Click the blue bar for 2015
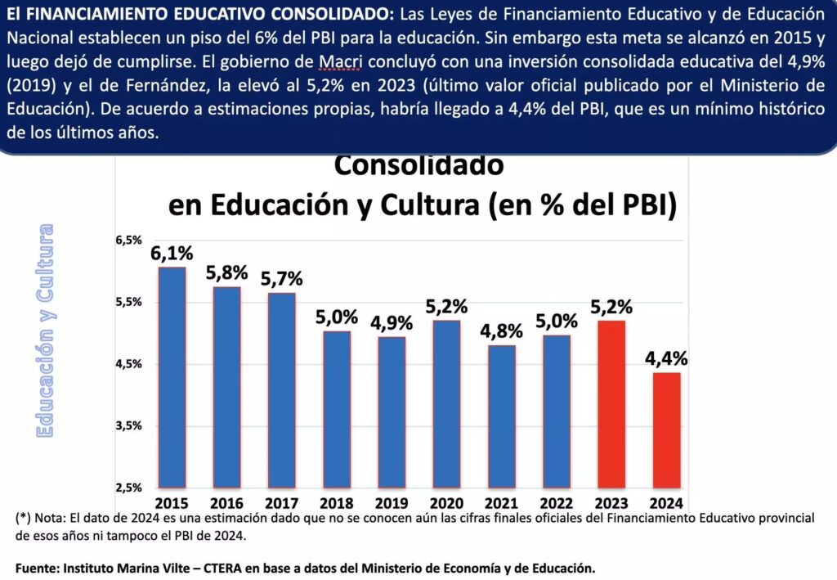(172, 378)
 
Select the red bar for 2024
(666, 430)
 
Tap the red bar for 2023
(611, 404)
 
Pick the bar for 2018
(337, 410)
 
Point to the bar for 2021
(502, 416)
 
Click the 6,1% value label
(172, 254)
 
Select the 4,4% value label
(666, 358)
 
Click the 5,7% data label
(281, 278)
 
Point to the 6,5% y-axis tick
(128, 241)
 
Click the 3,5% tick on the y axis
(128, 426)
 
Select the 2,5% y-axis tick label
(128, 488)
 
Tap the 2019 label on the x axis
(392, 502)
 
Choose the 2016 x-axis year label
(226, 502)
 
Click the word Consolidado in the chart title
(419, 165)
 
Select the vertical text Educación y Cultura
(45, 330)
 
